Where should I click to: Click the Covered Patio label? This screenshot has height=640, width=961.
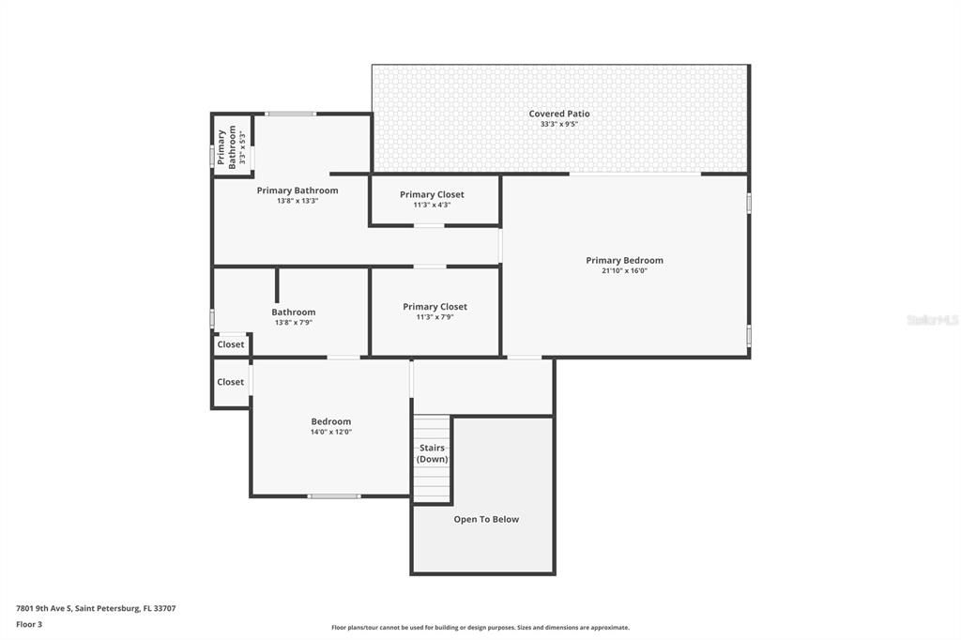[x=559, y=114]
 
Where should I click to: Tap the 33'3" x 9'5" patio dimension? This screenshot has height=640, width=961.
[x=559, y=124]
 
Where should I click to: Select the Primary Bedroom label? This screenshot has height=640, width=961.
[x=624, y=260]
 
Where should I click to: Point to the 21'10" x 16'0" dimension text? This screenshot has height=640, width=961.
[x=624, y=270]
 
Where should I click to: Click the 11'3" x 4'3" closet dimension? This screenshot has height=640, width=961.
[x=432, y=205]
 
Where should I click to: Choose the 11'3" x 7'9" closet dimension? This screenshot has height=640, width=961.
[x=435, y=317]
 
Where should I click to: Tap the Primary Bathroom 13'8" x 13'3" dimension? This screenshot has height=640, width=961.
[x=297, y=200]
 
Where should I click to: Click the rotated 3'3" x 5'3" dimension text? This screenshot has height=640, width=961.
[x=242, y=147]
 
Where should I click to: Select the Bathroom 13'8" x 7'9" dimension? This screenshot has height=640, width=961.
[x=294, y=322]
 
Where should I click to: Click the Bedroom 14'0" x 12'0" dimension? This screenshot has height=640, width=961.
[x=331, y=432]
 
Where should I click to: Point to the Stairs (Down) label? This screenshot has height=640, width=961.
[x=432, y=453]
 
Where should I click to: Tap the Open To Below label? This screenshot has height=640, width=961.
[x=486, y=519]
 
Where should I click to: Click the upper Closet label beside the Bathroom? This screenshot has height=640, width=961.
[x=231, y=344]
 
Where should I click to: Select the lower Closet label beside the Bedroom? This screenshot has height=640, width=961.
[x=231, y=382]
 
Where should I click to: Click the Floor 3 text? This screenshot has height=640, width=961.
[x=29, y=623]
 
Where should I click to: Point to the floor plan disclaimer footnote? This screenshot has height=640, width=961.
[x=480, y=627]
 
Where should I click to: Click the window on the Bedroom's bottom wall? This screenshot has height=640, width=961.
[x=334, y=495]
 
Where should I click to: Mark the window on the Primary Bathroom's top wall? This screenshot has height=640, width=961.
[x=290, y=114]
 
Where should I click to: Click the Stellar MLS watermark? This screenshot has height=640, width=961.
[x=932, y=320]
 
